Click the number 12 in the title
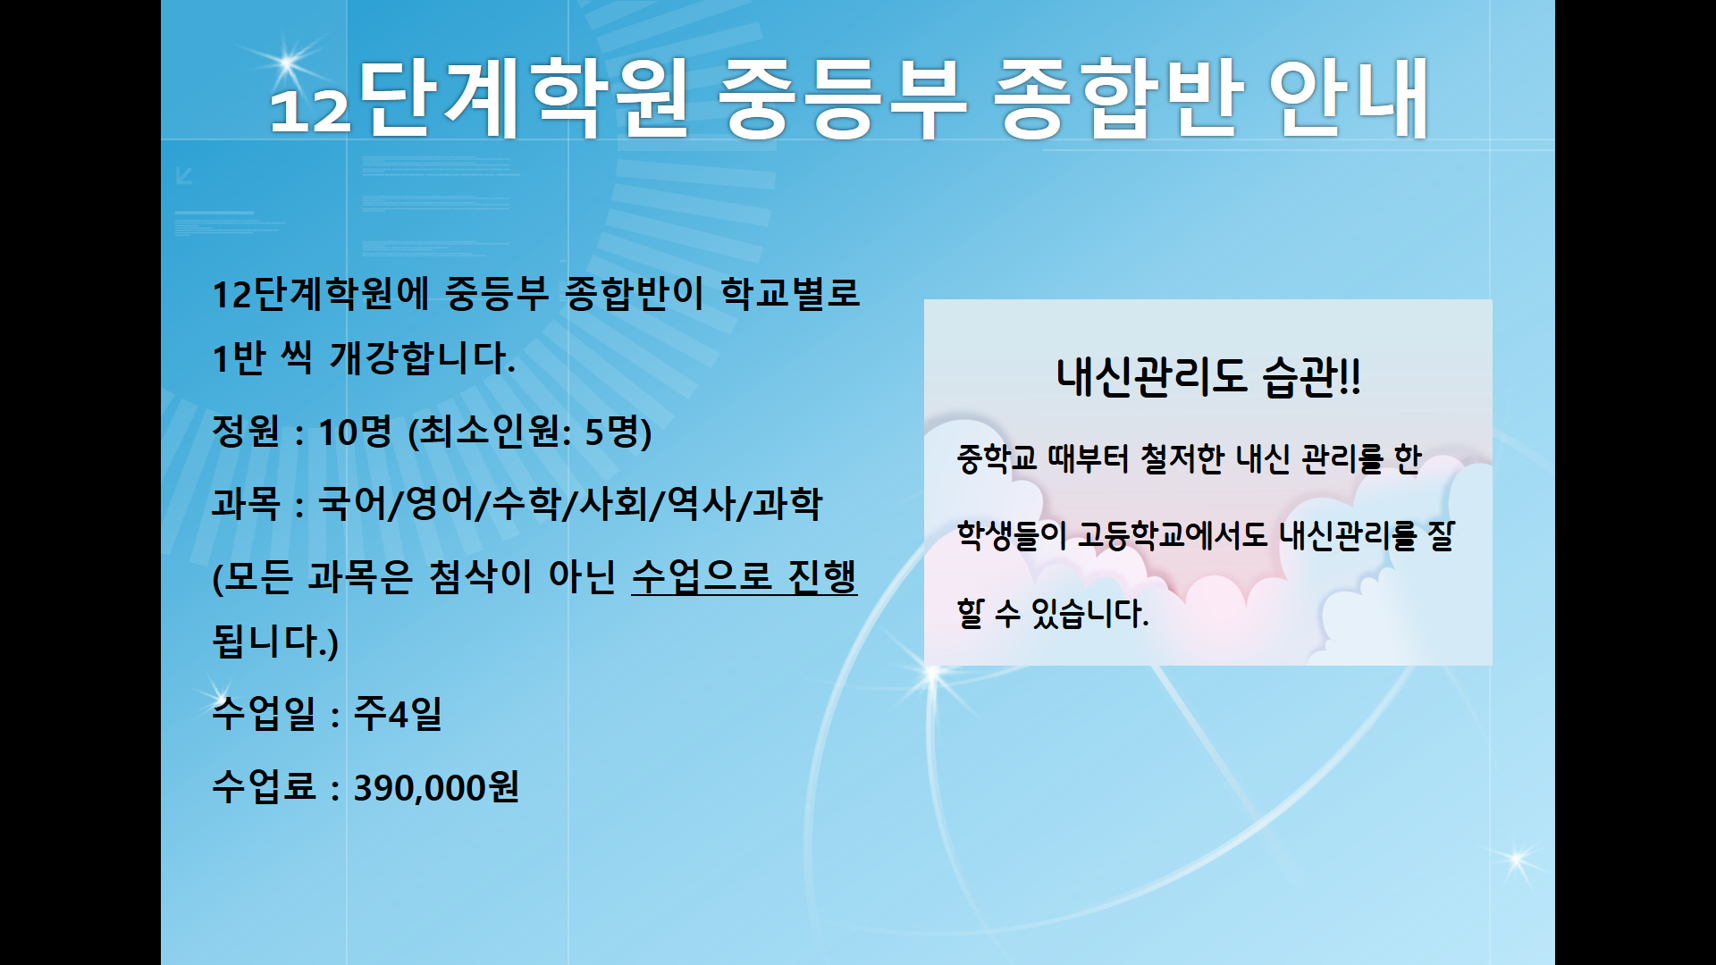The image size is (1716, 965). click(x=309, y=110)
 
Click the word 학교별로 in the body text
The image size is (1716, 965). click(x=790, y=293)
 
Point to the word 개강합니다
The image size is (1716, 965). click(x=422, y=358)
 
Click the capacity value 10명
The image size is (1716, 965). click(x=355, y=432)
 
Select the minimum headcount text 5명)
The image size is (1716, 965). click(x=618, y=432)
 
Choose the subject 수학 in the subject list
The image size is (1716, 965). click(x=526, y=503)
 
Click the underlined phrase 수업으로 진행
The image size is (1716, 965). click(x=744, y=576)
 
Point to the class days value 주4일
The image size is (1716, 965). click(x=398, y=713)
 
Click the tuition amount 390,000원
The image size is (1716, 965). click(x=436, y=787)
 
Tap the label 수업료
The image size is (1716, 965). click(x=264, y=787)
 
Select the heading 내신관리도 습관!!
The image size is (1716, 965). click(x=1208, y=376)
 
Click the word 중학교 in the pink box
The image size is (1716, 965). click(x=997, y=459)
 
